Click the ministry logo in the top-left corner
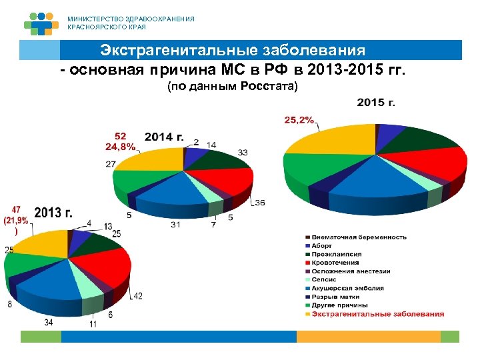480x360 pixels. coord(41,23)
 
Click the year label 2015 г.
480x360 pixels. coord(376,103)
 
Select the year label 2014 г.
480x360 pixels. coord(163,137)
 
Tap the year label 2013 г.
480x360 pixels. coord(53,213)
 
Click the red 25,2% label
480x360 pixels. coord(299,120)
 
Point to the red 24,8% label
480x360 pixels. coord(120,146)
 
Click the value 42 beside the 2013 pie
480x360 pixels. coord(136,295)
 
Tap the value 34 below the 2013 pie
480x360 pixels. coord(49,322)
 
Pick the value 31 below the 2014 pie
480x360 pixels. coord(175,225)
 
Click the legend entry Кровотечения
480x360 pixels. coord(337,263)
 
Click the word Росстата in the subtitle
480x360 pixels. coord(274,87)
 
